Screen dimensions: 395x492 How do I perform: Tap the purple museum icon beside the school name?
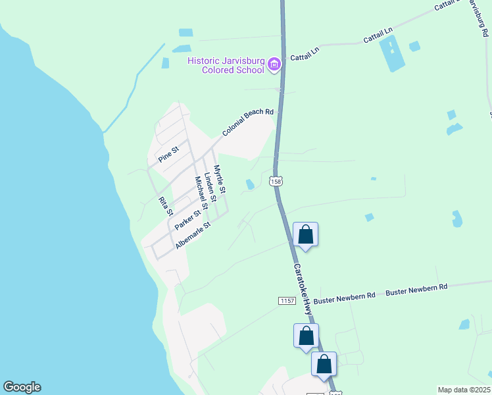tap(274, 65)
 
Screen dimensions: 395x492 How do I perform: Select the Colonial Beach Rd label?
tap(247, 122)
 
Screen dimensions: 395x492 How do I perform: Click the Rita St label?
tap(165, 206)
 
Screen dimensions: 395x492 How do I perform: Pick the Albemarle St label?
tap(192, 235)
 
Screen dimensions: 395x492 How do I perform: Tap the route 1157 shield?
tap(287, 300)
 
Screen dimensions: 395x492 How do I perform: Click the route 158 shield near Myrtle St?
tap(276, 181)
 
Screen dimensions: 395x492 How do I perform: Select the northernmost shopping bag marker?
tap(306, 235)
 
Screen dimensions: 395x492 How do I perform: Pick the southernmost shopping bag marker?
tap(324, 365)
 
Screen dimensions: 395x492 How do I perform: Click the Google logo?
tap(22, 387)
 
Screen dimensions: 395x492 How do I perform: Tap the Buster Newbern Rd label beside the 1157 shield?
tap(344, 298)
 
